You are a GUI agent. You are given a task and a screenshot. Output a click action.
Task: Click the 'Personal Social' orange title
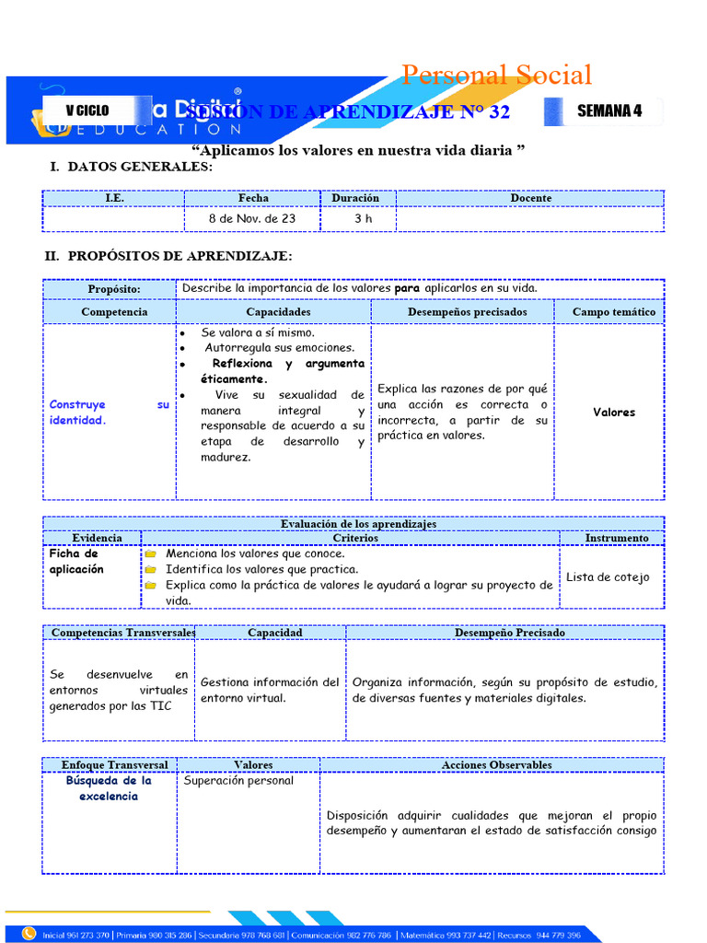(496, 75)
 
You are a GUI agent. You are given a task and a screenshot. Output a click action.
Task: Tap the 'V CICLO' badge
(87, 111)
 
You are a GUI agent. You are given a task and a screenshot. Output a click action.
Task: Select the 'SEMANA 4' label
(608, 111)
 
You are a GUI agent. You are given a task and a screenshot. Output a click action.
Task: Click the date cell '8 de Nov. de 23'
(252, 218)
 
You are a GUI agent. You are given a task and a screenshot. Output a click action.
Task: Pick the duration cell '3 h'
(363, 218)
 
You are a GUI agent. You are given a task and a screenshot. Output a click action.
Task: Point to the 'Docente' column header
(530, 198)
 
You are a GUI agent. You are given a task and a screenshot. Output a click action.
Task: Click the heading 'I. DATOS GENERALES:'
(130, 167)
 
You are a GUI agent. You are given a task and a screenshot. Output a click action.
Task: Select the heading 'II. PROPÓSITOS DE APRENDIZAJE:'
(168, 255)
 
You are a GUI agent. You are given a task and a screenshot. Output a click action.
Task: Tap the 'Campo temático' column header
(614, 312)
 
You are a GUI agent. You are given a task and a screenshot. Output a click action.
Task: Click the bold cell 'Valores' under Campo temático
(614, 413)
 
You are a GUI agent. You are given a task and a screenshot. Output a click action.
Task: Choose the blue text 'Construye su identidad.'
(109, 412)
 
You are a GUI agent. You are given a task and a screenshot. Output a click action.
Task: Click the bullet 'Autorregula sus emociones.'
(279, 348)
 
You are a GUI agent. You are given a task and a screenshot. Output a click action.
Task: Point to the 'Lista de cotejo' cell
(608, 577)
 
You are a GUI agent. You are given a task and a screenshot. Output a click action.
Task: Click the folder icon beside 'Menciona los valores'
(150, 554)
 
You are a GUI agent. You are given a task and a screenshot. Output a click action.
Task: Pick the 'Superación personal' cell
(238, 781)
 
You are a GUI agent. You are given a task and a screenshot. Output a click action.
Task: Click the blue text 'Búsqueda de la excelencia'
(109, 788)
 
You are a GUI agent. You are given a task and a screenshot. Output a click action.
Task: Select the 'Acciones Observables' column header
(496, 764)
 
